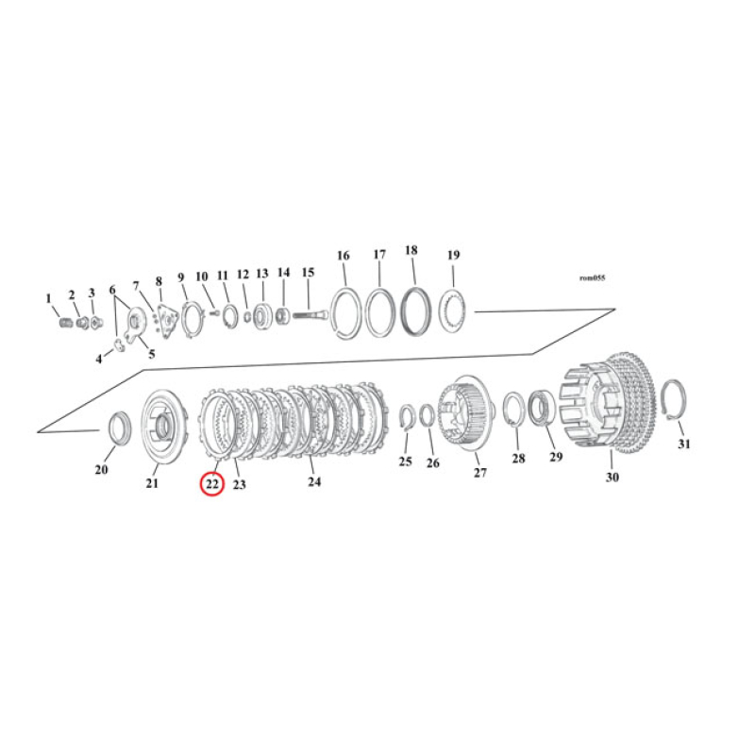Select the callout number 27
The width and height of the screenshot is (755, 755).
tap(480, 472)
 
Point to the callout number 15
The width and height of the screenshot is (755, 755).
tap(307, 273)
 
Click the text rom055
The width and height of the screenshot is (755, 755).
tap(592, 278)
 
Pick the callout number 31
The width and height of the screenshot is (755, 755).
tap(684, 444)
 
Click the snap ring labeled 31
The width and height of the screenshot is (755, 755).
tap(674, 400)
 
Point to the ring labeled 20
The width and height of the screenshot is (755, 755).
tap(118, 428)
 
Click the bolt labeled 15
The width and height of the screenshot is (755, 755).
tap(315, 316)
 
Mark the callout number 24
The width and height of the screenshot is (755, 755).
tap(314, 481)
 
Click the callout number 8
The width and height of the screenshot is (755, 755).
tap(159, 280)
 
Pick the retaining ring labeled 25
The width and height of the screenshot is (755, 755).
tap(407, 418)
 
